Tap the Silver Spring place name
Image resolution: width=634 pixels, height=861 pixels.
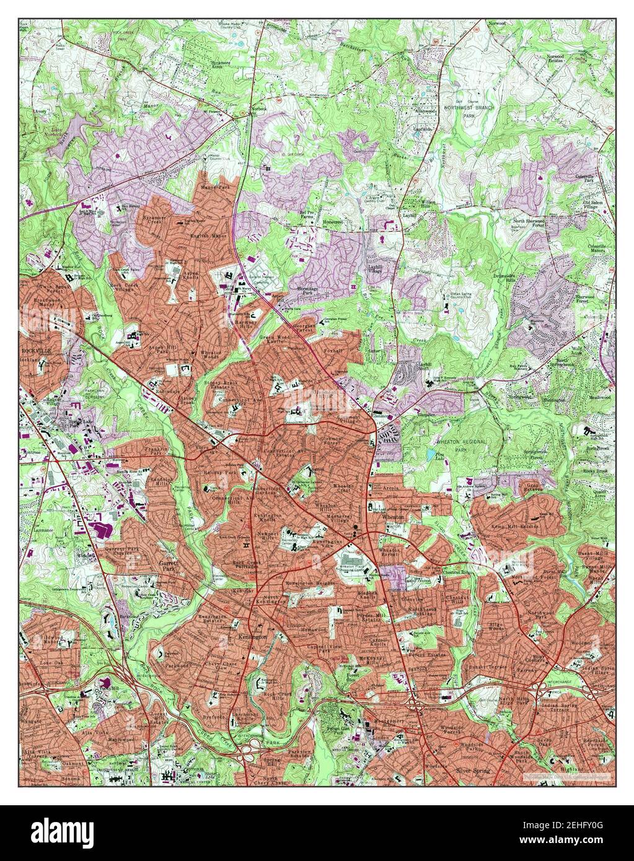click(x=473, y=771)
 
